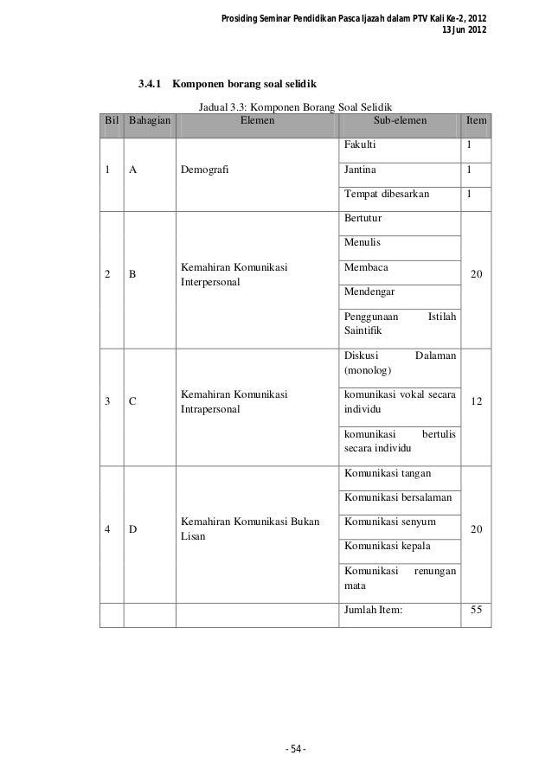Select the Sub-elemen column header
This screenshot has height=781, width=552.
[x=398, y=122]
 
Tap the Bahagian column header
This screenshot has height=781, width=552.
[x=149, y=122]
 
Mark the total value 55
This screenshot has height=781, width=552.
[x=475, y=610]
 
